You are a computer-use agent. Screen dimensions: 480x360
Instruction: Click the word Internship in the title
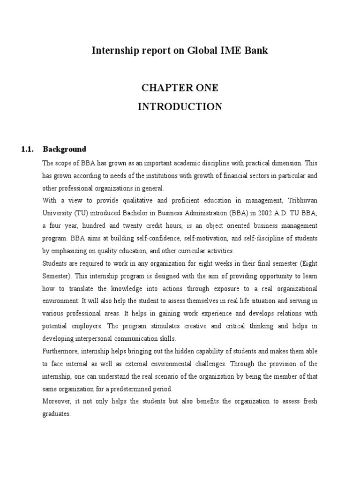pyautogui.click(x=115, y=51)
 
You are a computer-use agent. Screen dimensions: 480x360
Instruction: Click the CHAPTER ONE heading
pyautogui.click(x=180, y=88)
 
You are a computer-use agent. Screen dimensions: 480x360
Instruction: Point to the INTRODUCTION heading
pyautogui.click(x=180, y=107)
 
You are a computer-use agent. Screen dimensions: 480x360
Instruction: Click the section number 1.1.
pyautogui.click(x=28, y=150)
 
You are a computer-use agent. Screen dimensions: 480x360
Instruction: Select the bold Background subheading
pyautogui.click(x=64, y=150)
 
